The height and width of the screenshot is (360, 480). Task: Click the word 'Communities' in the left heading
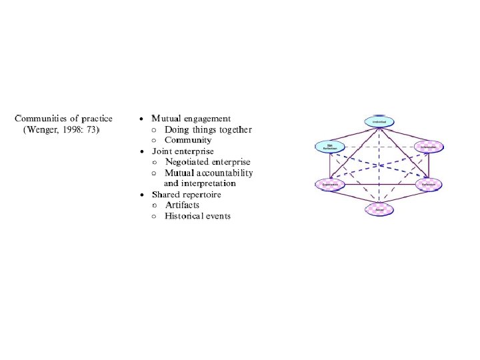click(42, 119)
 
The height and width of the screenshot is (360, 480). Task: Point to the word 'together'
click(234, 129)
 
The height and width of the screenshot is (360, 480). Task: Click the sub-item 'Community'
click(188, 140)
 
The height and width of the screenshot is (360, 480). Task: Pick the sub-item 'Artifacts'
click(182, 205)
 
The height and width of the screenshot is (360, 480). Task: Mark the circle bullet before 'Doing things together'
click(154, 130)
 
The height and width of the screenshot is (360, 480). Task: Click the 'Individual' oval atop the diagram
click(379, 121)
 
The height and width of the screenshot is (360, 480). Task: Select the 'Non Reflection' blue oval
click(330, 146)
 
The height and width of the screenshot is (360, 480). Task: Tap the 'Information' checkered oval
click(428, 146)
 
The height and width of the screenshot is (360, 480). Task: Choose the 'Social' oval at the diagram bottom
click(379, 209)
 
